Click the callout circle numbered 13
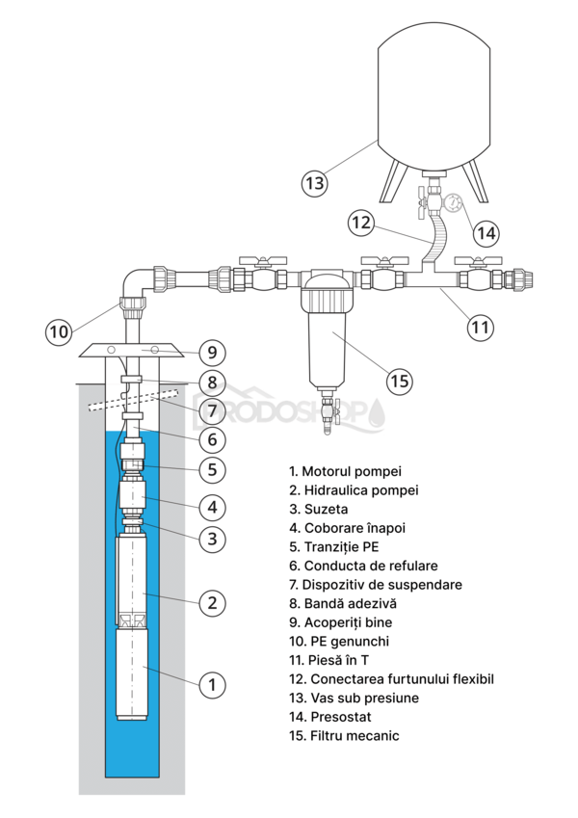pos(314,181)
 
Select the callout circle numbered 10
pos(60,331)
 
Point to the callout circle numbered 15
pos(400,380)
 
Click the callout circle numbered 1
pos(212,685)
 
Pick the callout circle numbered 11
pos(480,327)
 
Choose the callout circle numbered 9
pos(212,351)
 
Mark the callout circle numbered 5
pos(212,470)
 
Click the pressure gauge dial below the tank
pos(454,204)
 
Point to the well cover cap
pos(131,349)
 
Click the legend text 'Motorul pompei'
pos(352,471)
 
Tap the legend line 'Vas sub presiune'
pos(355,698)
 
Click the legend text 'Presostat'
pos(337,717)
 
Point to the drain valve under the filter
pos(328,416)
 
